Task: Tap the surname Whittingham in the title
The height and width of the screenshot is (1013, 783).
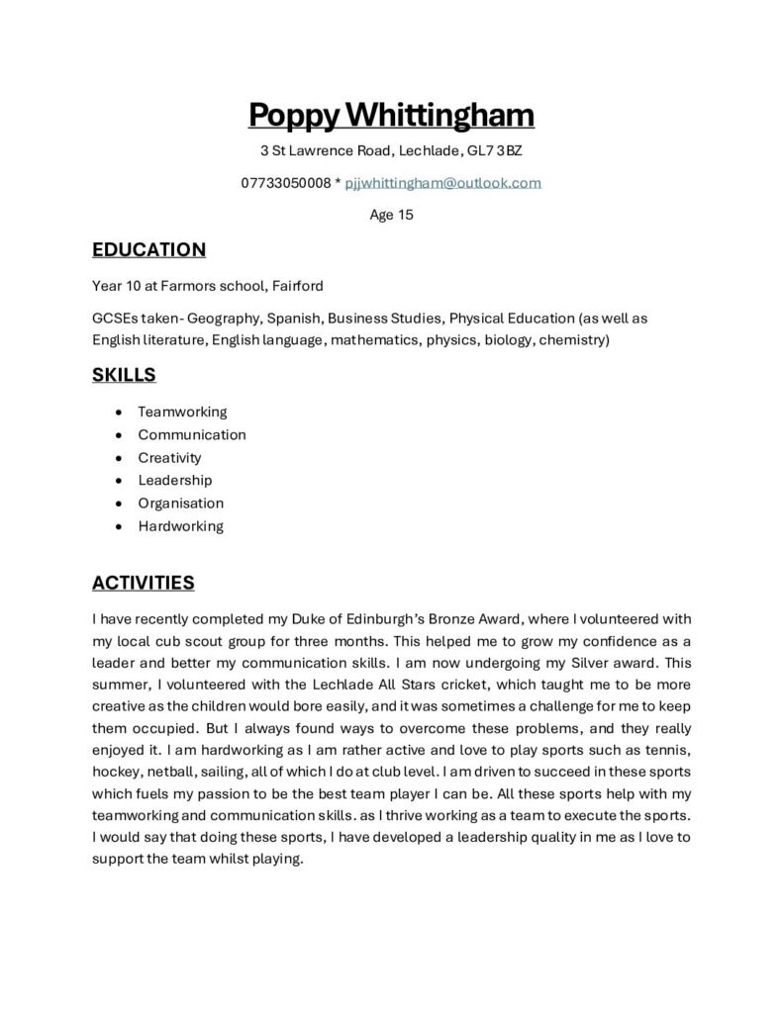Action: [x=439, y=115]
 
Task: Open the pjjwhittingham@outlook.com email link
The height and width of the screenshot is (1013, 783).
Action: [x=442, y=183]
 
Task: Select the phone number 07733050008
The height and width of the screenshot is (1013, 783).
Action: [x=285, y=183]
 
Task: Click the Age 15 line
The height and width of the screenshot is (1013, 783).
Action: [x=391, y=215]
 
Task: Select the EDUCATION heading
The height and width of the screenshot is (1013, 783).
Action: [x=148, y=249]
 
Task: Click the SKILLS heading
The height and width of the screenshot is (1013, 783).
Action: [x=124, y=375]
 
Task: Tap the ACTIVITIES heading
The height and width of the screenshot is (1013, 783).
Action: [x=143, y=583]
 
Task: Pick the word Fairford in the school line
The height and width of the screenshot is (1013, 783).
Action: [x=297, y=286]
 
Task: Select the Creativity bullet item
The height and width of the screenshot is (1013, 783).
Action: [x=169, y=457]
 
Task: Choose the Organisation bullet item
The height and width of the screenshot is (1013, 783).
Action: [x=181, y=503]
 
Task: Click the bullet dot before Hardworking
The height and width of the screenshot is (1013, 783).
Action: [x=119, y=526]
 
